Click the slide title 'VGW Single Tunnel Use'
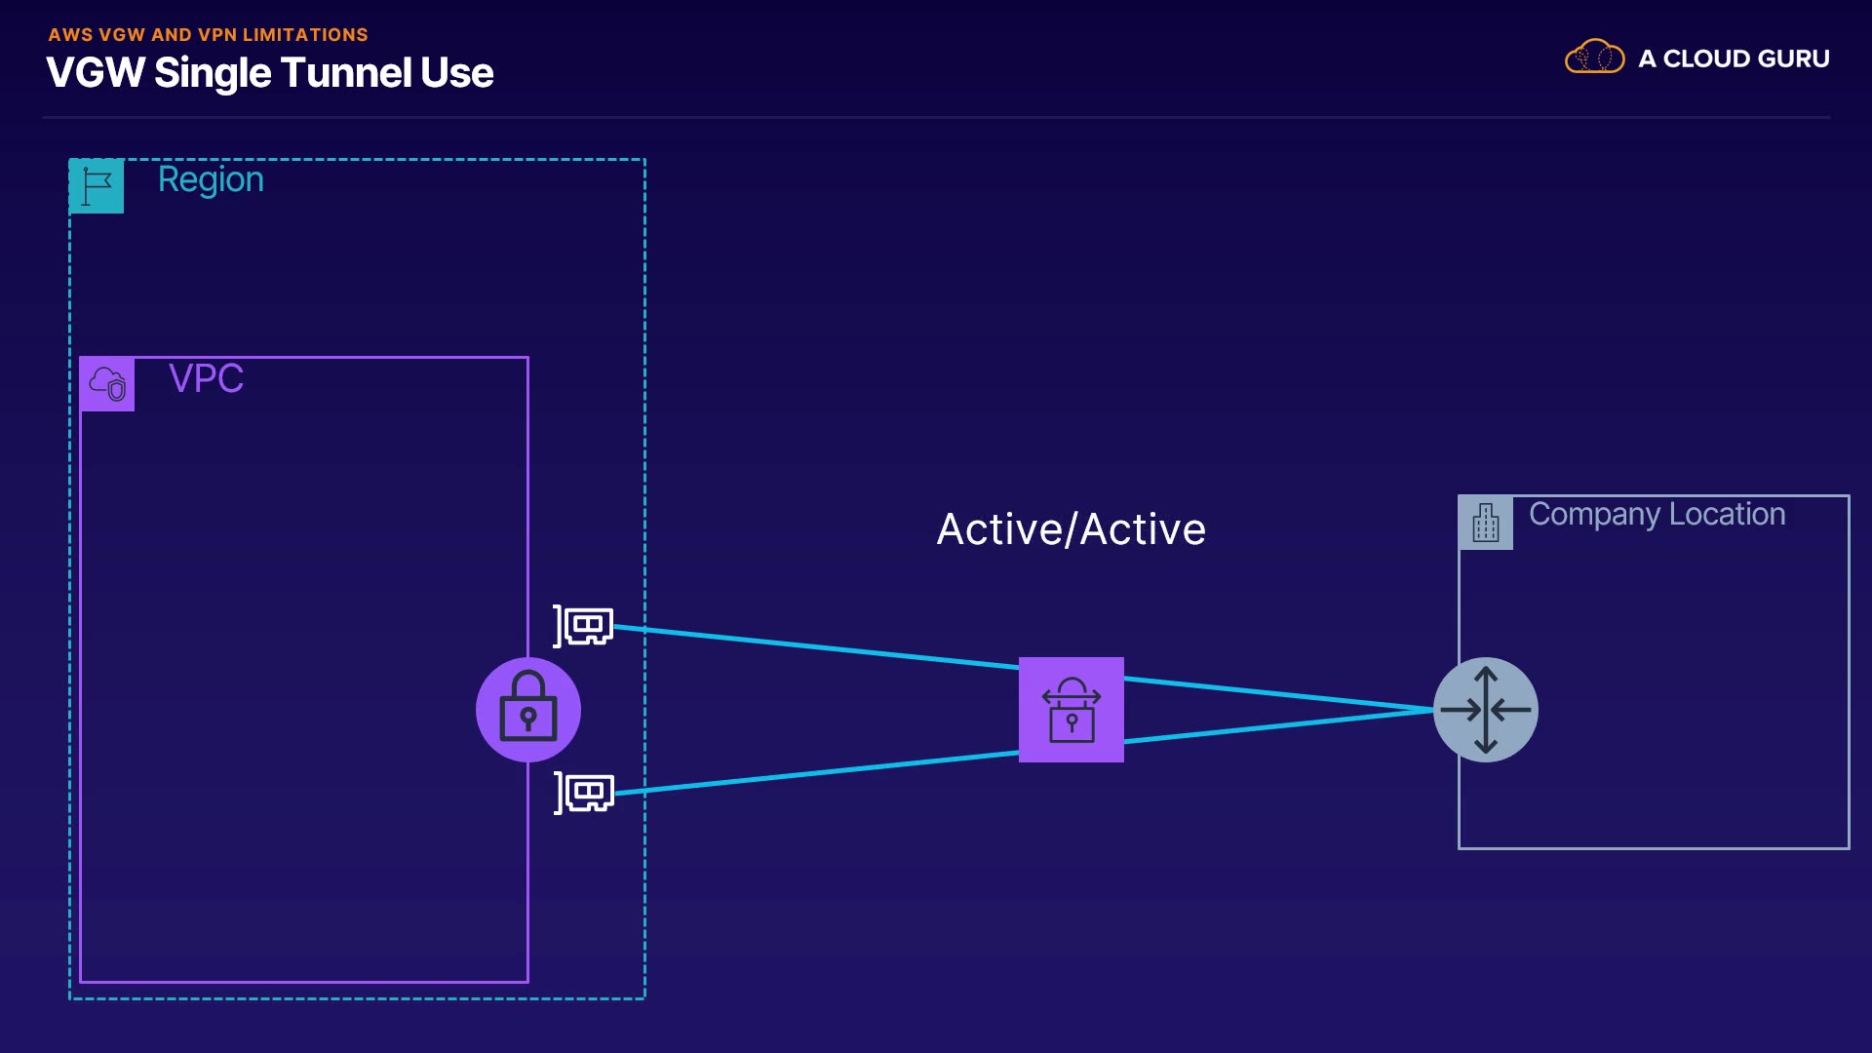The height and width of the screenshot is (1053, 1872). point(269,73)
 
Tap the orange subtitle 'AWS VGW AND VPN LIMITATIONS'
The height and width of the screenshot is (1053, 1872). point(208,35)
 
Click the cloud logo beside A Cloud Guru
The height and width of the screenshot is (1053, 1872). point(1594,58)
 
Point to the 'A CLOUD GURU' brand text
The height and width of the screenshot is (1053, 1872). point(1734,59)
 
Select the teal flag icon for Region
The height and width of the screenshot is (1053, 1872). point(97,185)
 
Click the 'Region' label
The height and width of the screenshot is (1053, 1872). point(211,179)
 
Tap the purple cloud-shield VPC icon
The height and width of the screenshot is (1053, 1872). point(107,384)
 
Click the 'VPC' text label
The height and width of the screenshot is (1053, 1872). point(206,378)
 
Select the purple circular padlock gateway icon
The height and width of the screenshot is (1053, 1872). point(528,710)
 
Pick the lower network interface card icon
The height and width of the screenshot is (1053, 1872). point(585,793)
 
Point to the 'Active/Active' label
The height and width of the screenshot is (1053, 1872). point(1071,529)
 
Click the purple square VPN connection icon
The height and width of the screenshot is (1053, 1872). point(1071,710)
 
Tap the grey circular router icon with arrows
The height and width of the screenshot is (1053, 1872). point(1485,710)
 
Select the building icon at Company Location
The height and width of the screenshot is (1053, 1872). point(1485,523)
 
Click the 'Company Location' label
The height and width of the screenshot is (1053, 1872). point(1657,514)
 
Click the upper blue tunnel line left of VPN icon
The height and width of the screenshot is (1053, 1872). point(819,647)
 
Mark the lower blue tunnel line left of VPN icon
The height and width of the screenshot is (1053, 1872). point(819,772)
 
